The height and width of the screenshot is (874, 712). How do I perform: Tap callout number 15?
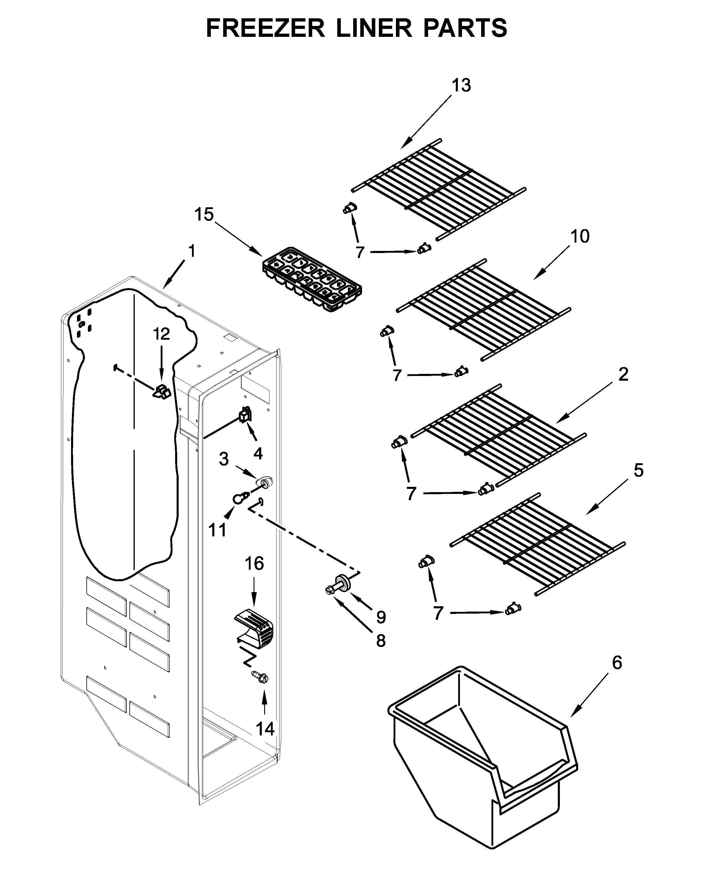(x=204, y=214)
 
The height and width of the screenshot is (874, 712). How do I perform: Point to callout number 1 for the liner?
(x=192, y=251)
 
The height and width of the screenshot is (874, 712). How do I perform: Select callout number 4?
(x=258, y=453)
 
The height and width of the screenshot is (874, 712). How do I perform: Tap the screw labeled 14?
(x=260, y=677)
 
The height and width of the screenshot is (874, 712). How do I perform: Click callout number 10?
(x=580, y=237)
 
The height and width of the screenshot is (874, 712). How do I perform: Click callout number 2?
(x=623, y=374)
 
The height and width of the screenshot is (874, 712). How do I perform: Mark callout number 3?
(x=223, y=459)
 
